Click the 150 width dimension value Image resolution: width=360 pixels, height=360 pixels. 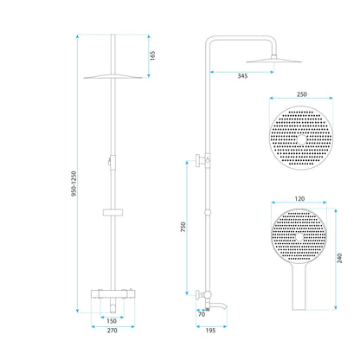pos(113,320)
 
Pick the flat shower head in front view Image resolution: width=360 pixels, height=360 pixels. pos(113,75)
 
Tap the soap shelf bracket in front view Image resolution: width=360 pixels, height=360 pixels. pos(113,210)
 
